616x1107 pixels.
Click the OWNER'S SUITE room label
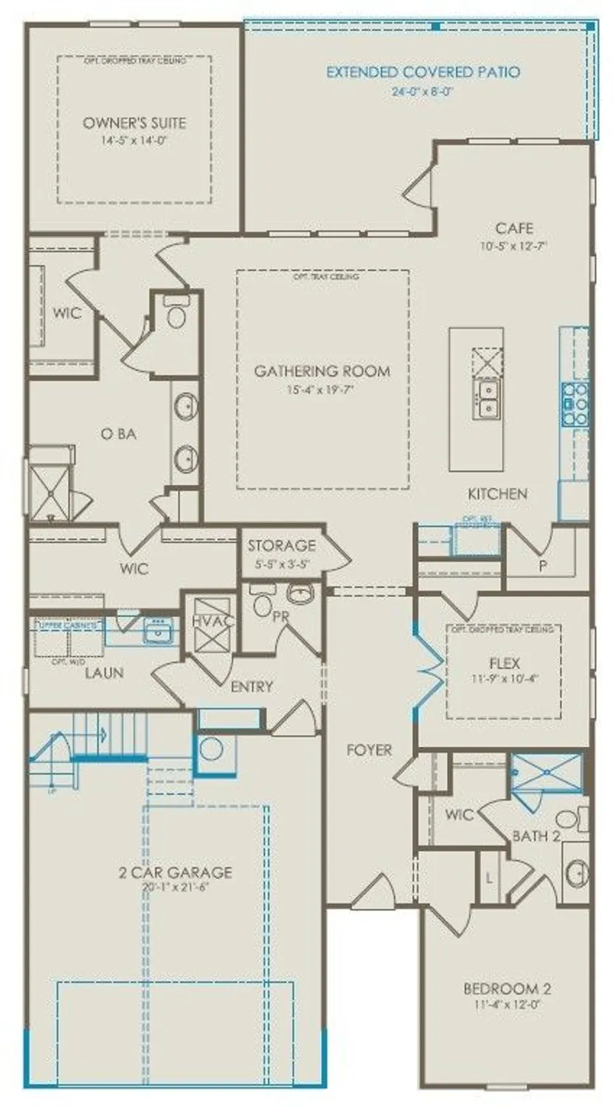134,123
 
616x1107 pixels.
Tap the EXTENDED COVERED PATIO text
423,72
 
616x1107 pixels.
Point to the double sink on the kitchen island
487,399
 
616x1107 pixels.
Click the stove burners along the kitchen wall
575,404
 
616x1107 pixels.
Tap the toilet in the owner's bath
176,314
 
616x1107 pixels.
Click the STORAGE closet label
281,546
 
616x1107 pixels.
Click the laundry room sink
157,632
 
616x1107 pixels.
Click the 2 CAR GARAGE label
175,872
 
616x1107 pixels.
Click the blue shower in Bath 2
547,772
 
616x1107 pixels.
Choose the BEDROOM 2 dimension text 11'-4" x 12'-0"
507,1005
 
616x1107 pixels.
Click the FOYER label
370,750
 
